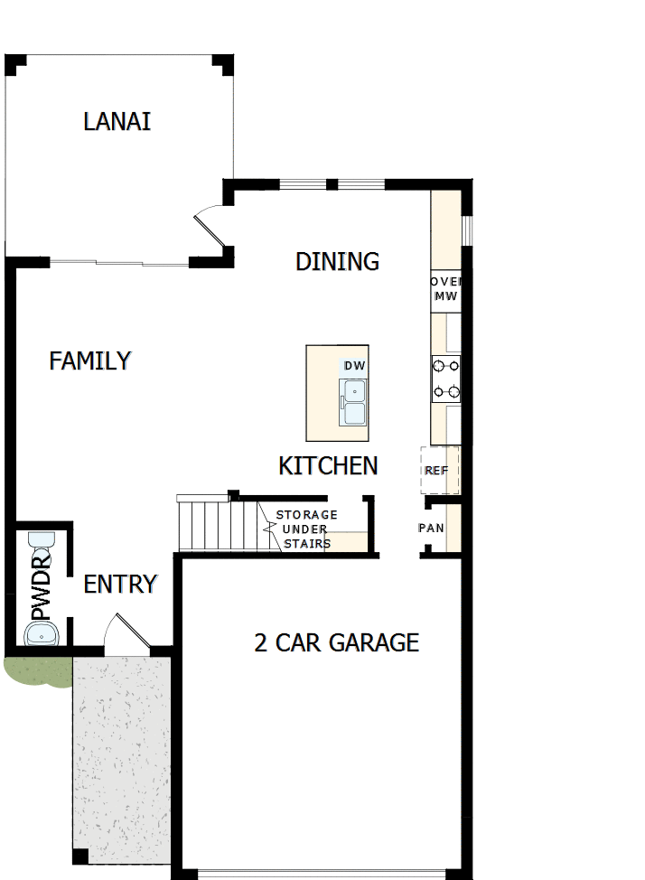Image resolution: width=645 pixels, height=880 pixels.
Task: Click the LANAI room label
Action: point(117,121)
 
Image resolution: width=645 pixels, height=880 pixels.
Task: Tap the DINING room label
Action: point(337,261)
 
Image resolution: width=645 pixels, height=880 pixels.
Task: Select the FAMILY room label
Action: point(90,361)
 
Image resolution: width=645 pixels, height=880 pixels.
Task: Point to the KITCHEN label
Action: point(327,466)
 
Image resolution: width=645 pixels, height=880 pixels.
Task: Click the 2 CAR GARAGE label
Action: point(336,642)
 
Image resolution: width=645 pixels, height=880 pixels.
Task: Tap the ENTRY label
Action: point(120,585)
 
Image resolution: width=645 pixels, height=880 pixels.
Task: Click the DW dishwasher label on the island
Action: point(353,366)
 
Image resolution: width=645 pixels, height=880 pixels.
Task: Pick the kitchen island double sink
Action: point(353,402)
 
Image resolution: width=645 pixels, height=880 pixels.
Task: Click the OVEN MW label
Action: point(446,289)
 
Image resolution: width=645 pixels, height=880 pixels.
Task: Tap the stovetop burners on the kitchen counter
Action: point(446,379)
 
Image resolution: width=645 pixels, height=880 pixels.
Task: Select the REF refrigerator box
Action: point(439,471)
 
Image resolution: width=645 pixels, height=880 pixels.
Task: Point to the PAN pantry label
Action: point(431,528)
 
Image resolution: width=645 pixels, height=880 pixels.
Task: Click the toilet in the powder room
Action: point(42,544)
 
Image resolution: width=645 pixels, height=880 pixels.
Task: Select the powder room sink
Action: point(42,634)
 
